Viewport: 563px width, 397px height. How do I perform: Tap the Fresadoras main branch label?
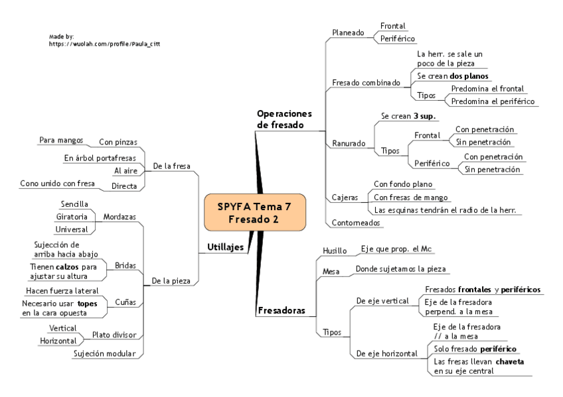281,310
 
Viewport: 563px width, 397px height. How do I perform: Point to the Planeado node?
348,32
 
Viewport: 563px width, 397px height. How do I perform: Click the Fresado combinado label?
366,83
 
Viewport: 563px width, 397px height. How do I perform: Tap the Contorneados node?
355,223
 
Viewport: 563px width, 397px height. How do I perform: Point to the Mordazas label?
120,216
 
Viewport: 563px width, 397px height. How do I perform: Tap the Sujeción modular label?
104,353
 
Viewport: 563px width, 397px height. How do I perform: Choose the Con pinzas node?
118,141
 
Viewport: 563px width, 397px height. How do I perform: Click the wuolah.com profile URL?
105,43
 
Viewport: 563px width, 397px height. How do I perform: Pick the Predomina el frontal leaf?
487,88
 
